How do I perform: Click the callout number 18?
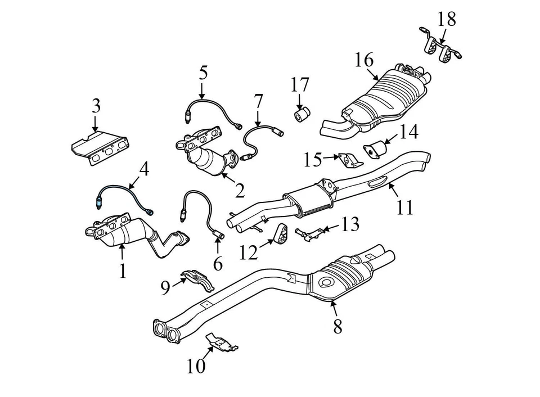click(447, 19)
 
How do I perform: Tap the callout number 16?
click(364, 59)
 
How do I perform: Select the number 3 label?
click(96, 105)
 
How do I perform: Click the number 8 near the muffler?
click(337, 326)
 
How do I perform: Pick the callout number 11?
click(404, 207)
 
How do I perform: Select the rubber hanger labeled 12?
click(278, 234)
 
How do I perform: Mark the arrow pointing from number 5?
click(203, 91)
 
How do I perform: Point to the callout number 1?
click(123, 271)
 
